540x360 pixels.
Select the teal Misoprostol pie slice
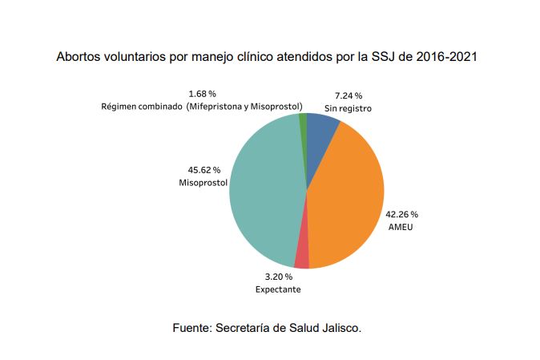pyautogui.click(x=264, y=192)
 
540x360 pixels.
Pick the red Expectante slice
pyautogui.click(x=301, y=257)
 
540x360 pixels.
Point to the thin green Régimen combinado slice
pyautogui.click(x=303, y=120)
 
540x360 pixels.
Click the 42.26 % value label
pyautogui.click(x=402, y=214)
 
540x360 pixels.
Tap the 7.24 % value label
pyautogui.click(x=347, y=95)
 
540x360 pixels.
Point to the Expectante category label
pyautogui.click(x=278, y=289)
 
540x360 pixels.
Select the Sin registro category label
pyautogui.click(x=348, y=107)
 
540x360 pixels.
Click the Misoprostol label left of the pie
pyautogui.click(x=203, y=183)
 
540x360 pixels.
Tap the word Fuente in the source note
pyautogui.click(x=192, y=328)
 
